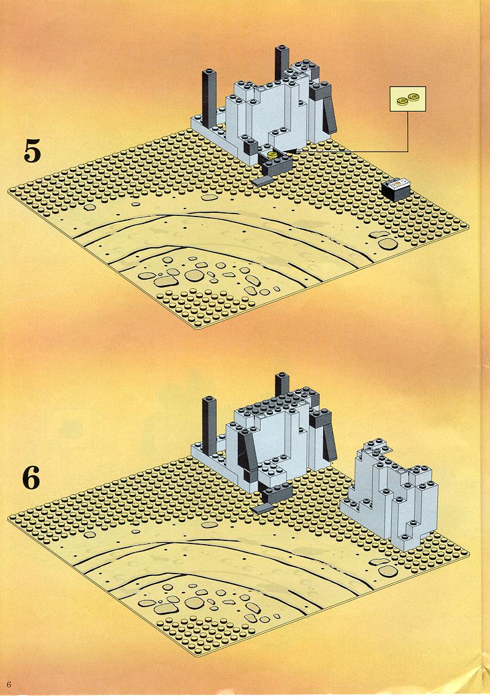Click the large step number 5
coord(32,151)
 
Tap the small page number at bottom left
coord(9,685)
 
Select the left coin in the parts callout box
coord(402,100)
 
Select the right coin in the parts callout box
coord(415,96)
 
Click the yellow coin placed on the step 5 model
coord(272,154)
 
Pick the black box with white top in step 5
coord(395,188)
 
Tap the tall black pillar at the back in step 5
coord(282,61)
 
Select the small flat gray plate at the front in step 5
coord(262,181)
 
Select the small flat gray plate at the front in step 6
coord(262,508)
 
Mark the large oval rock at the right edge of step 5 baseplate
coord(388,244)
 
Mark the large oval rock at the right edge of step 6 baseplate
coord(389,571)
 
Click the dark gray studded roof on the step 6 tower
coord(276,403)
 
